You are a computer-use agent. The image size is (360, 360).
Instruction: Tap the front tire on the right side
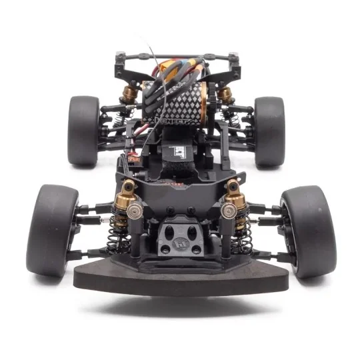(x=308, y=230)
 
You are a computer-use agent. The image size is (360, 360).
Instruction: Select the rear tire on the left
(x=83, y=131)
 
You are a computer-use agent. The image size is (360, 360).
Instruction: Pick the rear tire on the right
(x=269, y=131)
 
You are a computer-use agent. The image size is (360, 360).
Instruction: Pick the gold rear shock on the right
(x=225, y=93)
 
